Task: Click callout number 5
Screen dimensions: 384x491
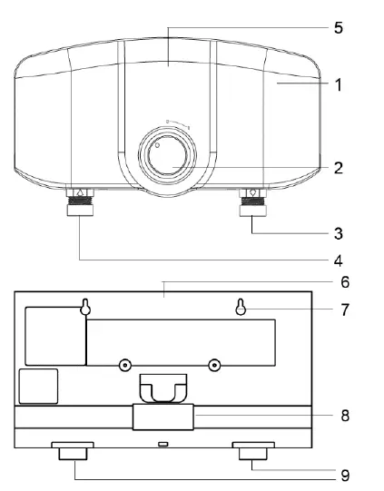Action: pyautogui.click(x=339, y=28)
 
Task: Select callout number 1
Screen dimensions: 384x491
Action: pyautogui.click(x=339, y=85)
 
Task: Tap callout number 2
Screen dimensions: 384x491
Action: pyautogui.click(x=339, y=168)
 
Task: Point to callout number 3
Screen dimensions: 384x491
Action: pyautogui.click(x=339, y=233)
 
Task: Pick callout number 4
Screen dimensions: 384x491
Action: pyautogui.click(x=339, y=260)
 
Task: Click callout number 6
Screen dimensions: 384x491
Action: pyautogui.click(x=345, y=282)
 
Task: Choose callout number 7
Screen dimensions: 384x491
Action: pyautogui.click(x=345, y=309)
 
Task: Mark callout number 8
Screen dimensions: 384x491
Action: pyautogui.click(x=345, y=416)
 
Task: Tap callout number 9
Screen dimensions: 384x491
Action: pyautogui.click(x=345, y=476)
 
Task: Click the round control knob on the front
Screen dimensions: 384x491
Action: pyautogui.click(x=168, y=155)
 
